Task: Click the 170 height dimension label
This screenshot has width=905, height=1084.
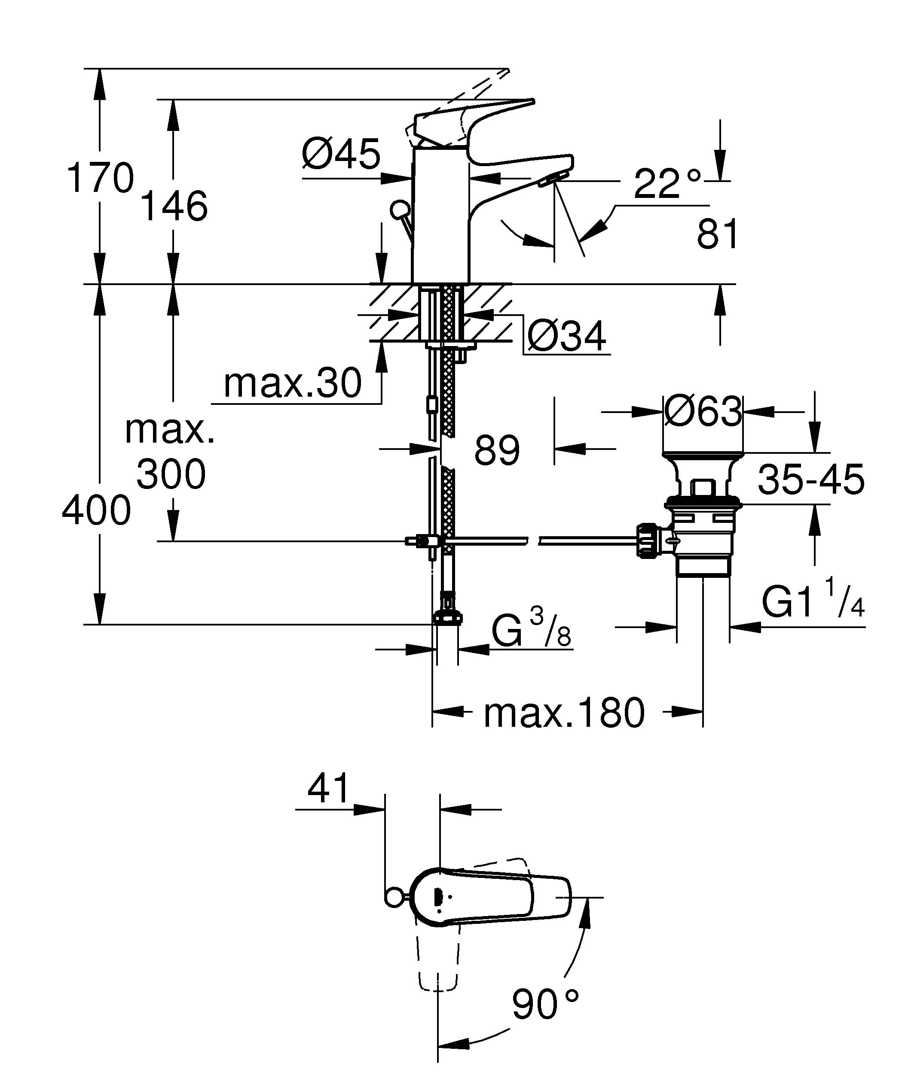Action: tap(100, 178)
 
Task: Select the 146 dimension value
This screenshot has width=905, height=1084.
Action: tap(174, 206)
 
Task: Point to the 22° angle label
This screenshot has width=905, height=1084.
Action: tap(667, 184)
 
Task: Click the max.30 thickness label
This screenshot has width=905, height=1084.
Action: tap(292, 383)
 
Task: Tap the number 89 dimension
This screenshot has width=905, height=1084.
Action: tap(496, 450)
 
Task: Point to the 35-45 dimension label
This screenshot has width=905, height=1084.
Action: tap(810, 480)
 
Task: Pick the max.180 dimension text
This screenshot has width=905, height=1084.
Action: tap(564, 713)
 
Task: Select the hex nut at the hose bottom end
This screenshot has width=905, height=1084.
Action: tap(447, 617)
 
